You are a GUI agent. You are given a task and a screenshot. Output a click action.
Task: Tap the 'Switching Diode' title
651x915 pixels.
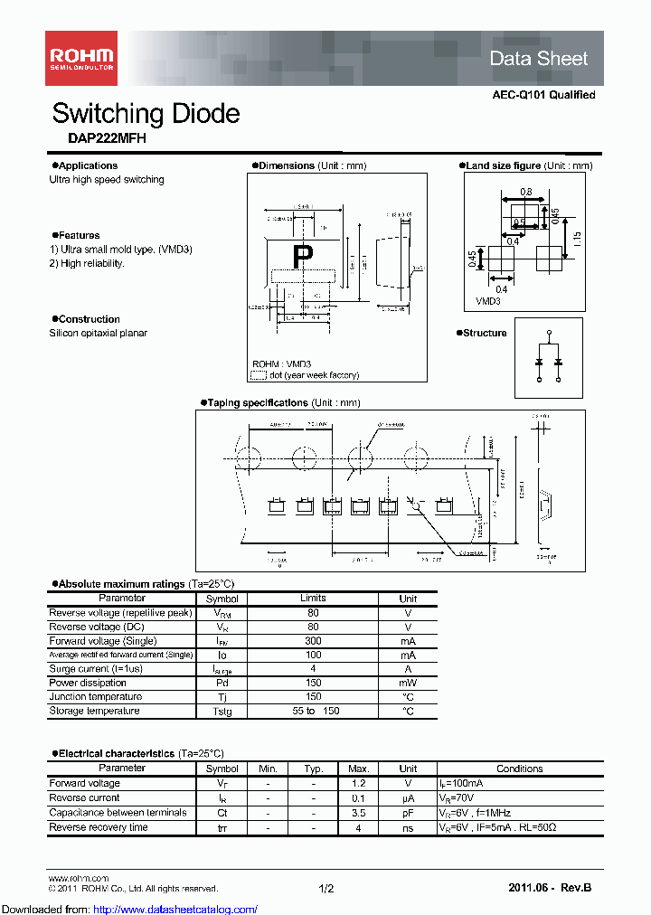[146, 113]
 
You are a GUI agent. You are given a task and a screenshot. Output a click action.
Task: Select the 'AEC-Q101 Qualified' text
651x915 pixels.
[543, 95]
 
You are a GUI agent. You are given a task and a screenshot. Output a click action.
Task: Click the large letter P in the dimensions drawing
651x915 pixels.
[302, 256]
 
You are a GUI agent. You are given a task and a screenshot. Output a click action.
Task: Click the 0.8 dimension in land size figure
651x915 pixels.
[526, 192]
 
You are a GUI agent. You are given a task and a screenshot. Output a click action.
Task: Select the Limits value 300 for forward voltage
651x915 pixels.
[313, 640]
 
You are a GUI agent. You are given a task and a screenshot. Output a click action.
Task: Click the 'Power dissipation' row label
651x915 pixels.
[88, 683]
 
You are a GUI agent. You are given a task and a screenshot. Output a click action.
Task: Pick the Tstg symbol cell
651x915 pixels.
[222, 712]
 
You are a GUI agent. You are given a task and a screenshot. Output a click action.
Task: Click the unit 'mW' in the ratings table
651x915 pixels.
[408, 683]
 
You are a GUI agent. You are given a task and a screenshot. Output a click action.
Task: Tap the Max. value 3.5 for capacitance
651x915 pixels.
[357, 813]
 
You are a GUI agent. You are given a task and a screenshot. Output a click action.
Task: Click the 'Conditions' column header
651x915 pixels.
[519, 769]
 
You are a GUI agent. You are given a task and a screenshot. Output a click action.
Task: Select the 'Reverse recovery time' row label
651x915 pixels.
[99, 827]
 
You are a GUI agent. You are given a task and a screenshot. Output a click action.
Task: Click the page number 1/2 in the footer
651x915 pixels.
[325, 889]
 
